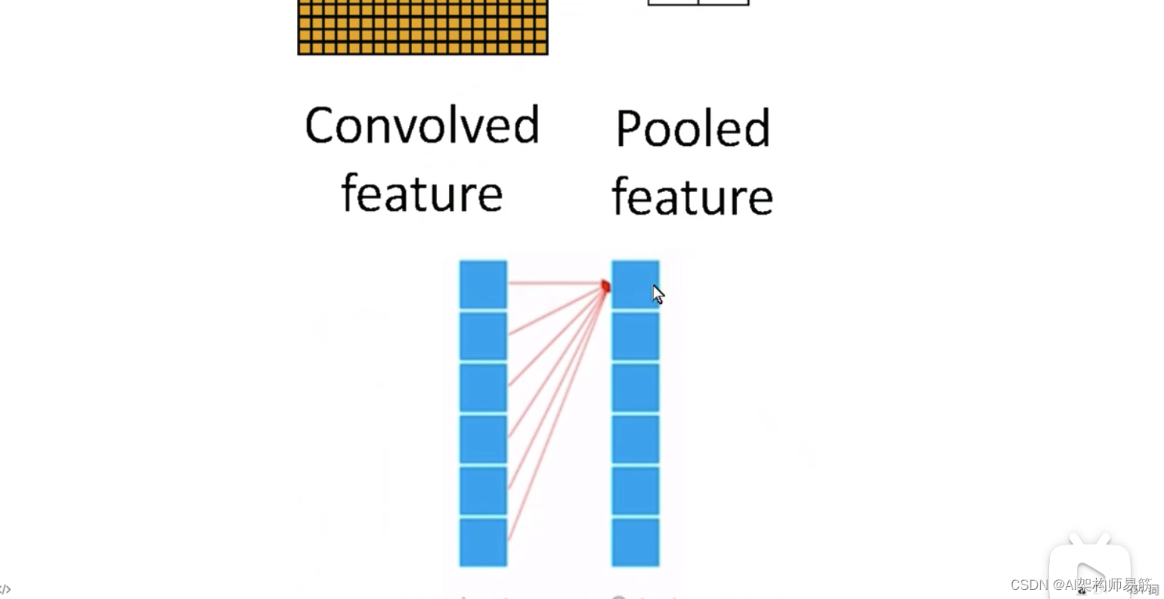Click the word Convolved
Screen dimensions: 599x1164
tap(422, 126)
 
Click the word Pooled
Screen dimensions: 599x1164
tap(692, 129)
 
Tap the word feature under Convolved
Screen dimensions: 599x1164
tap(422, 194)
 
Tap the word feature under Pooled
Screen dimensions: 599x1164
tap(692, 197)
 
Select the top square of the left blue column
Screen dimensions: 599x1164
tap(483, 284)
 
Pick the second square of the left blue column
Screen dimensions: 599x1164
tap(483, 337)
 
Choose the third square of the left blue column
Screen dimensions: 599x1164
tap(483, 388)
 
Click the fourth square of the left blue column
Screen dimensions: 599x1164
tap(483, 439)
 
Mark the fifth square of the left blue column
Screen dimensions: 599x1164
tap(483, 491)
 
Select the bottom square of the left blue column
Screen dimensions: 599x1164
tap(483, 542)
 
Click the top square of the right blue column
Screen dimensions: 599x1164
tap(635, 284)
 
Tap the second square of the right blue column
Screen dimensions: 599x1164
tap(635, 337)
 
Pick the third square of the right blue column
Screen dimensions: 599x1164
tap(635, 388)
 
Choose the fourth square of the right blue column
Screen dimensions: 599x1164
tap(635, 439)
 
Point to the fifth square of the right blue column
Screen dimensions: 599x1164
tap(635, 491)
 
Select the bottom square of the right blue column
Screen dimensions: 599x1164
tap(635, 542)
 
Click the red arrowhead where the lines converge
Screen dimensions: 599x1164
tap(605, 286)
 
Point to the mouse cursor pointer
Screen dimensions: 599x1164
tap(658, 294)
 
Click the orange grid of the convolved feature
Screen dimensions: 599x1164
tap(423, 27)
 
